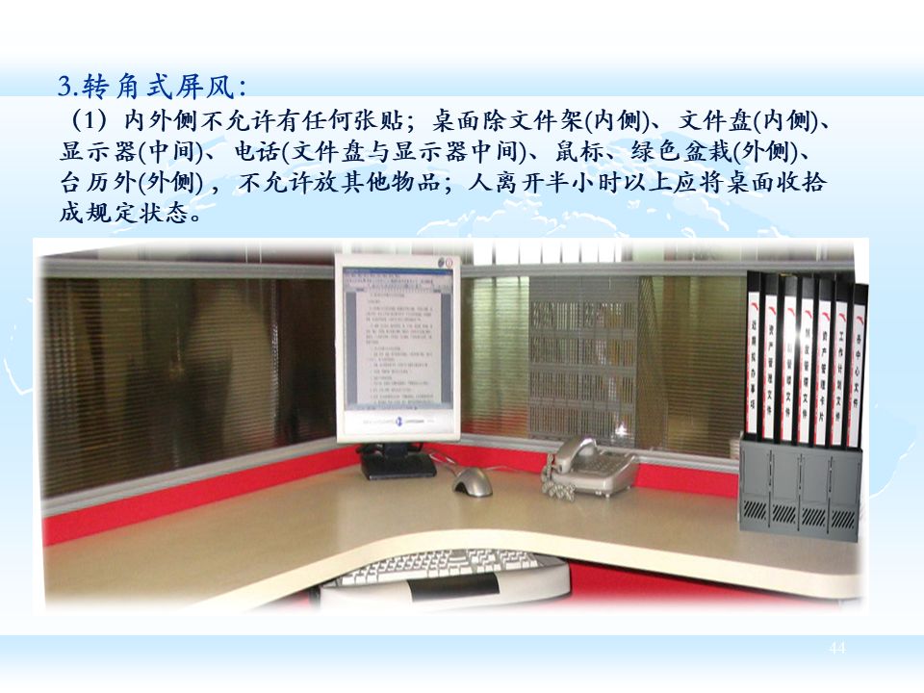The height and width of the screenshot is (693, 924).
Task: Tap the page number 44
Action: pos(836,649)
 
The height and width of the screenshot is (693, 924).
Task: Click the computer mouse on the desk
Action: pos(473,481)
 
